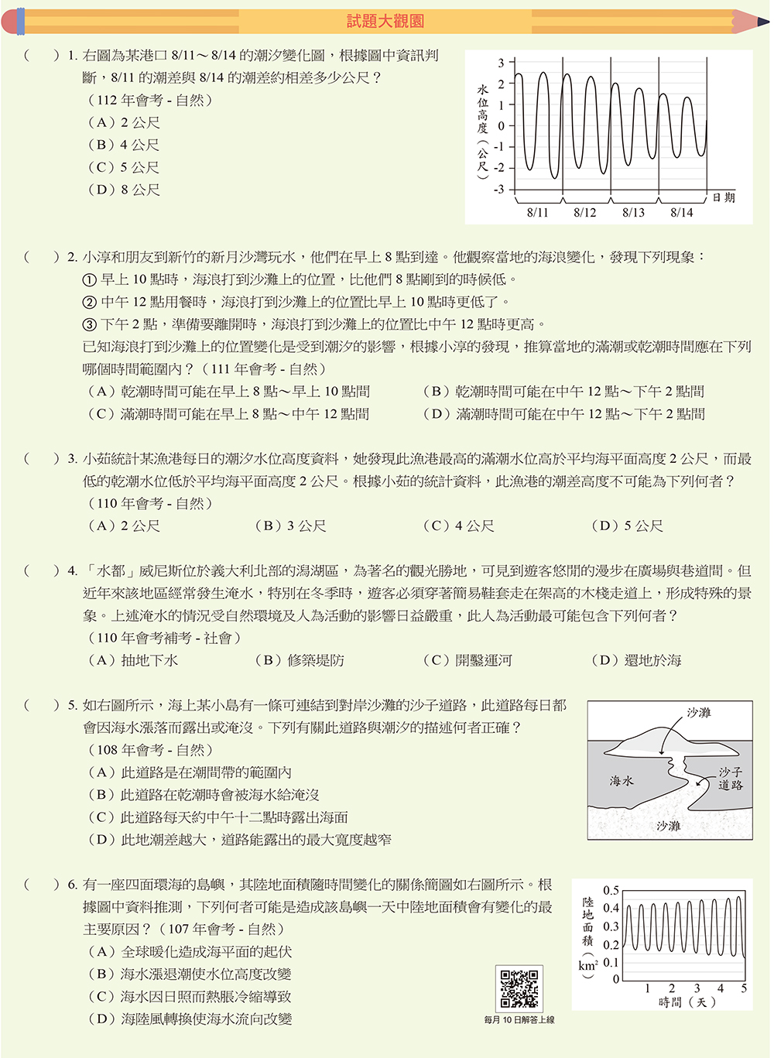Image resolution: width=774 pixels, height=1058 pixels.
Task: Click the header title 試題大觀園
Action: tap(385, 21)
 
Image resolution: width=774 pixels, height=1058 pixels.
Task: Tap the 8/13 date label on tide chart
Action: tap(633, 212)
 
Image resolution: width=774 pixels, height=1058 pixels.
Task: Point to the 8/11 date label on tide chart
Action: tap(537, 212)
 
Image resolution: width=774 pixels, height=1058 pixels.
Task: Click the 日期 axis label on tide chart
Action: tap(724, 197)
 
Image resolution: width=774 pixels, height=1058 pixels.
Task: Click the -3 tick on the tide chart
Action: tap(499, 189)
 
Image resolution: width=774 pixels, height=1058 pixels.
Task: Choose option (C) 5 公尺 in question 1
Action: tap(123, 167)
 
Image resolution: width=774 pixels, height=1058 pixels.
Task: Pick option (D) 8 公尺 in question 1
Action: tap(123, 190)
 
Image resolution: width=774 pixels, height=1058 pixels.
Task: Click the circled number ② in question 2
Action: tap(90, 303)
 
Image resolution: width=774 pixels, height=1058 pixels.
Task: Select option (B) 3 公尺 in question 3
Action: tap(290, 526)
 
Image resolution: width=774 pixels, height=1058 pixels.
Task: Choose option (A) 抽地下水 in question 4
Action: tap(133, 661)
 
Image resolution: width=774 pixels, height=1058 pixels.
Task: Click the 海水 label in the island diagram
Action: tap(622, 781)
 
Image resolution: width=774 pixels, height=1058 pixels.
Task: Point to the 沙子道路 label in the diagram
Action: tap(730, 779)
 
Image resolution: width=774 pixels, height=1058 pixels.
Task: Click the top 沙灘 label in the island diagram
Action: tap(698, 712)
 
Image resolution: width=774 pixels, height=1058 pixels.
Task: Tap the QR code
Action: tap(519, 988)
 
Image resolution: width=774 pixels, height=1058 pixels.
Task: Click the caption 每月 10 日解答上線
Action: tap(519, 1020)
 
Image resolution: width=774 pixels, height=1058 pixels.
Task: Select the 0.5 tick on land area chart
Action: tap(611, 890)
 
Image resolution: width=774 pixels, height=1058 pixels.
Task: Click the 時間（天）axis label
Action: tap(687, 1002)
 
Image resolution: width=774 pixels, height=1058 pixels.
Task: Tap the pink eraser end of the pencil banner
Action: tap(9, 21)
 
